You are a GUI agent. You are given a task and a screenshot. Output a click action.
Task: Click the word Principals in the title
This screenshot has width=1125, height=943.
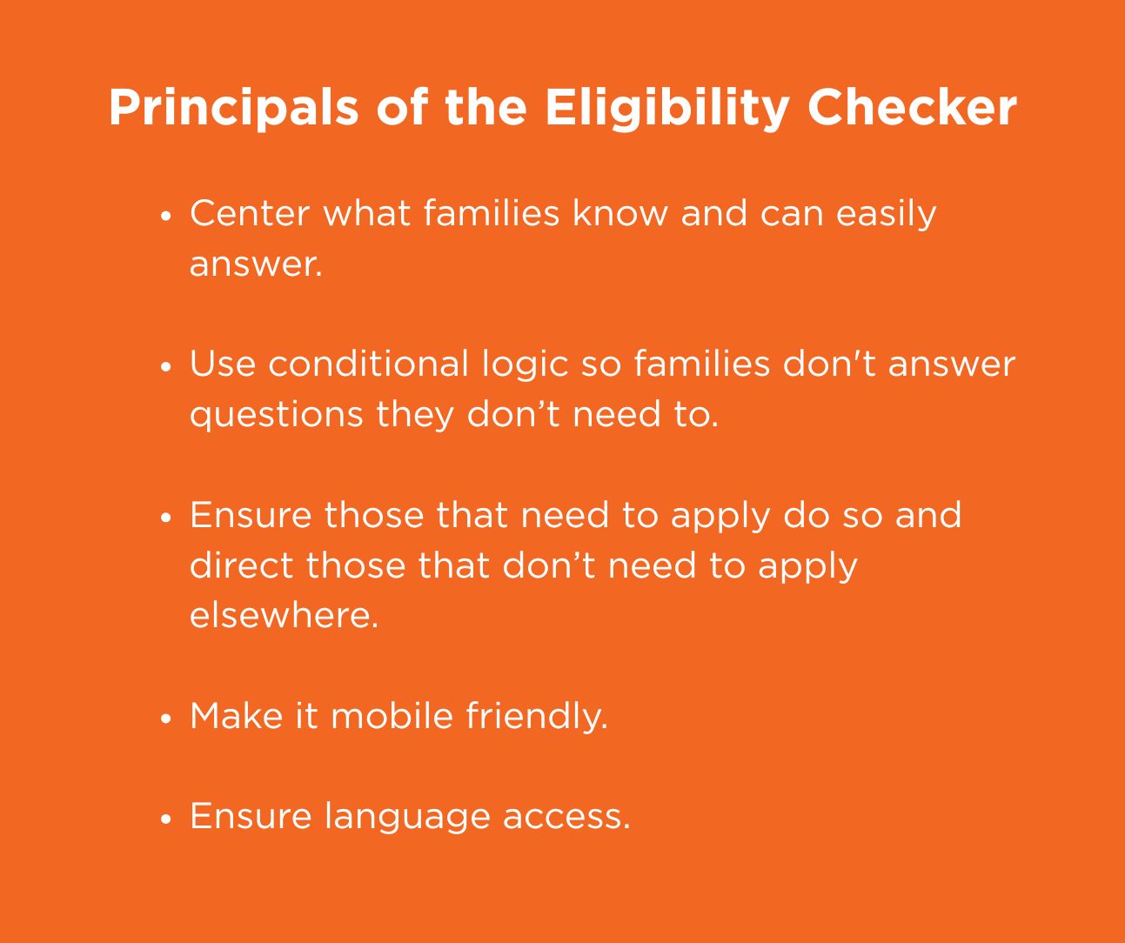pyautogui.click(x=233, y=108)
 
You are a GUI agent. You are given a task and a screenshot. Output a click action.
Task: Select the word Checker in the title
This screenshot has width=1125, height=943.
pyautogui.click(x=912, y=108)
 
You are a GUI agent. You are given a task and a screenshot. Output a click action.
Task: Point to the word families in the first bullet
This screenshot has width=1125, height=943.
pyautogui.click(x=491, y=213)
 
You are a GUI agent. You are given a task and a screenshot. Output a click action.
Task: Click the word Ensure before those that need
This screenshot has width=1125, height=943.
pyautogui.click(x=251, y=515)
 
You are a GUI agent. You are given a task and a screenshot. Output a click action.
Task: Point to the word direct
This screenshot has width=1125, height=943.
pyautogui.click(x=241, y=565)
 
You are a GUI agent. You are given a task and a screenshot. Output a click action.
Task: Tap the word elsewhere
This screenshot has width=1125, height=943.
pyautogui.click(x=284, y=616)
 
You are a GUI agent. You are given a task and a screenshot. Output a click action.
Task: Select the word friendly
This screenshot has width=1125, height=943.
pyautogui.click(x=536, y=717)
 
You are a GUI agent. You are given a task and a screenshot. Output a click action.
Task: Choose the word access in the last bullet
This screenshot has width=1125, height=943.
pyautogui.click(x=566, y=817)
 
